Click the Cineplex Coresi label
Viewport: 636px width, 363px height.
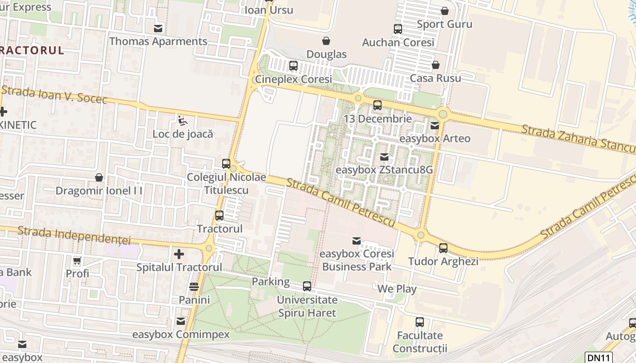(293, 79)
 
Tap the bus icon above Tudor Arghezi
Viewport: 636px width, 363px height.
(443, 248)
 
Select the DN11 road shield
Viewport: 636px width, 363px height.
(598, 358)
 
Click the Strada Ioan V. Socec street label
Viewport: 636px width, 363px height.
(55, 94)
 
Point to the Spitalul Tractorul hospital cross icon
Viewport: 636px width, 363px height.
(179, 254)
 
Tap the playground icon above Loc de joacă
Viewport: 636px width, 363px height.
(182, 121)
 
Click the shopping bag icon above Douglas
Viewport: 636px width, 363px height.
(326, 41)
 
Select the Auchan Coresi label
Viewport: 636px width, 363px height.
(398, 42)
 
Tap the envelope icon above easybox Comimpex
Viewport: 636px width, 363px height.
(181, 321)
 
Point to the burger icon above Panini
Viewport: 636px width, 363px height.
(194, 287)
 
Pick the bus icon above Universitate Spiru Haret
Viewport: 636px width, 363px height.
(307, 286)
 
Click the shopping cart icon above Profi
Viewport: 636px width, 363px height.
(77, 261)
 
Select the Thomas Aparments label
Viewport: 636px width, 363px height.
(158, 41)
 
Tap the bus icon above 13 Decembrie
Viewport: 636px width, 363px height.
(378, 106)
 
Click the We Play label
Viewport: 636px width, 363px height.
(397, 289)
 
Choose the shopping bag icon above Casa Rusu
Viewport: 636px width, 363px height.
(436, 65)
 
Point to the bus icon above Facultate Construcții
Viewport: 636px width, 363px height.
(420, 323)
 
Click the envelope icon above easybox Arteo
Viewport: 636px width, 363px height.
(435, 126)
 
